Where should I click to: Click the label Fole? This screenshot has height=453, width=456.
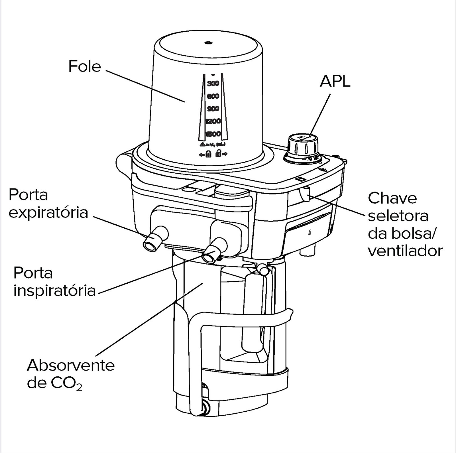coord(85,66)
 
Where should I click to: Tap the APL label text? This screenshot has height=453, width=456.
coord(335,82)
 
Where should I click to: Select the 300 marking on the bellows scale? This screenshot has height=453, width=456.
coord(213,84)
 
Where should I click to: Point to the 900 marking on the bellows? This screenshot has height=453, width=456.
coord(213,109)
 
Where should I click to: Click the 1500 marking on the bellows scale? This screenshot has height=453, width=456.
coord(213,134)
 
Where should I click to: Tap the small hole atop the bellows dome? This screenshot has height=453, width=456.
coord(209,43)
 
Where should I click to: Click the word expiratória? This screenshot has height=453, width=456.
coord(48,213)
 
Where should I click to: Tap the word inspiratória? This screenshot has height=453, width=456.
coord(54,291)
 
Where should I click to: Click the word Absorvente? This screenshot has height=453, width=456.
coord(71,365)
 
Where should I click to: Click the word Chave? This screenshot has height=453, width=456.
coord(392,198)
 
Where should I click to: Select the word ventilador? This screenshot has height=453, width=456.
coord(405,251)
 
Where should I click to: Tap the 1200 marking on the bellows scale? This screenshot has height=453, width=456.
coord(213,121)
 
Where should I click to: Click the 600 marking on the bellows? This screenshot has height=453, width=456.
coord(213,96)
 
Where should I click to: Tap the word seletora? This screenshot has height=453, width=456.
coord(398,216)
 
